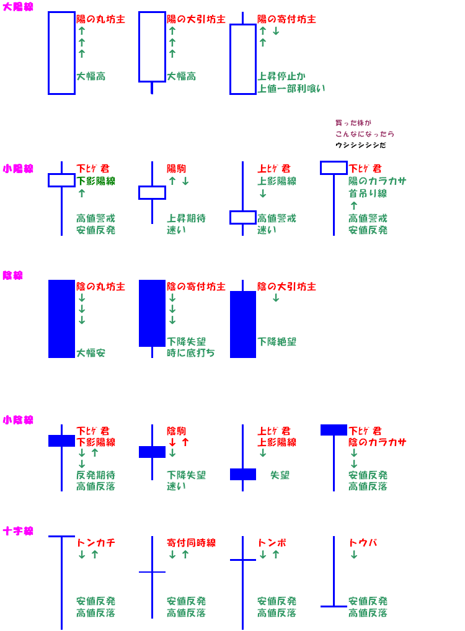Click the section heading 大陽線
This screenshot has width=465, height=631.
coord(19,7)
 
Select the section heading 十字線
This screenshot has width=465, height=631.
coord(19,531)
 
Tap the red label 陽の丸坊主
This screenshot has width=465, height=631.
coord(100,19)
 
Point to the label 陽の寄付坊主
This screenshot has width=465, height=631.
coord(286,19)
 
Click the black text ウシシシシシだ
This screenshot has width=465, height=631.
coord(360,145)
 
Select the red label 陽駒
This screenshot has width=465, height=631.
coord(176,169)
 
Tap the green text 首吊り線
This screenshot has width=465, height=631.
coord(368,194)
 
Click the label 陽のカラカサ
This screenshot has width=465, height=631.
coord(377,181)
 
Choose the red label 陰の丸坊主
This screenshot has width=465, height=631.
coord(100,287)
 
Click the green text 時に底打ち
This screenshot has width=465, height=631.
coord(191,353)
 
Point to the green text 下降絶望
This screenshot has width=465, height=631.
coord(277,342)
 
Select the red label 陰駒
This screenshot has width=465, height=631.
coord(176,431)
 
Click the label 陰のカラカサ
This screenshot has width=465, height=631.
coord(377,442)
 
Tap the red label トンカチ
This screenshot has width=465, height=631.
coord(95,543)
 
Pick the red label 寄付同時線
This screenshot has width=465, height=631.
coord(191,543)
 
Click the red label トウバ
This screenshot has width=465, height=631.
coord(363,543)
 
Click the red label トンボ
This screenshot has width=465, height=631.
coord(272,543)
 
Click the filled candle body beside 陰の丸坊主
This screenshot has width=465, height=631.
coord(61,319)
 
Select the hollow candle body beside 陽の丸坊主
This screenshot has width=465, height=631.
coord(61,53)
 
